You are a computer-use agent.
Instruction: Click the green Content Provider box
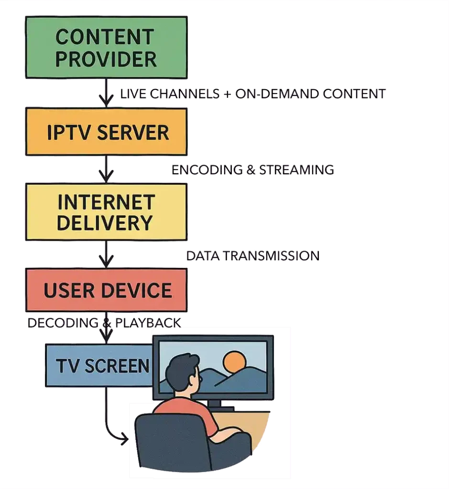point(106,47)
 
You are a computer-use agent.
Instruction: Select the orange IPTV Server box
point(106,131)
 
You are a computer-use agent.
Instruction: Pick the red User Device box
point(106,290)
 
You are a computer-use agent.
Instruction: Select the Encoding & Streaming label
point(253,170)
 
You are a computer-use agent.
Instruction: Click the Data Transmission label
point(253,256)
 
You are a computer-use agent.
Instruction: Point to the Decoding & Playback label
point(104,323)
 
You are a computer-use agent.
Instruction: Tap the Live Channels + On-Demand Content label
point(253,94)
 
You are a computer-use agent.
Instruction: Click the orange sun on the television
point(234,362)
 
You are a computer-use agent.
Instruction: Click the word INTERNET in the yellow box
point(106,202)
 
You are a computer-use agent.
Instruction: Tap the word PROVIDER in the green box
point(106,59)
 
